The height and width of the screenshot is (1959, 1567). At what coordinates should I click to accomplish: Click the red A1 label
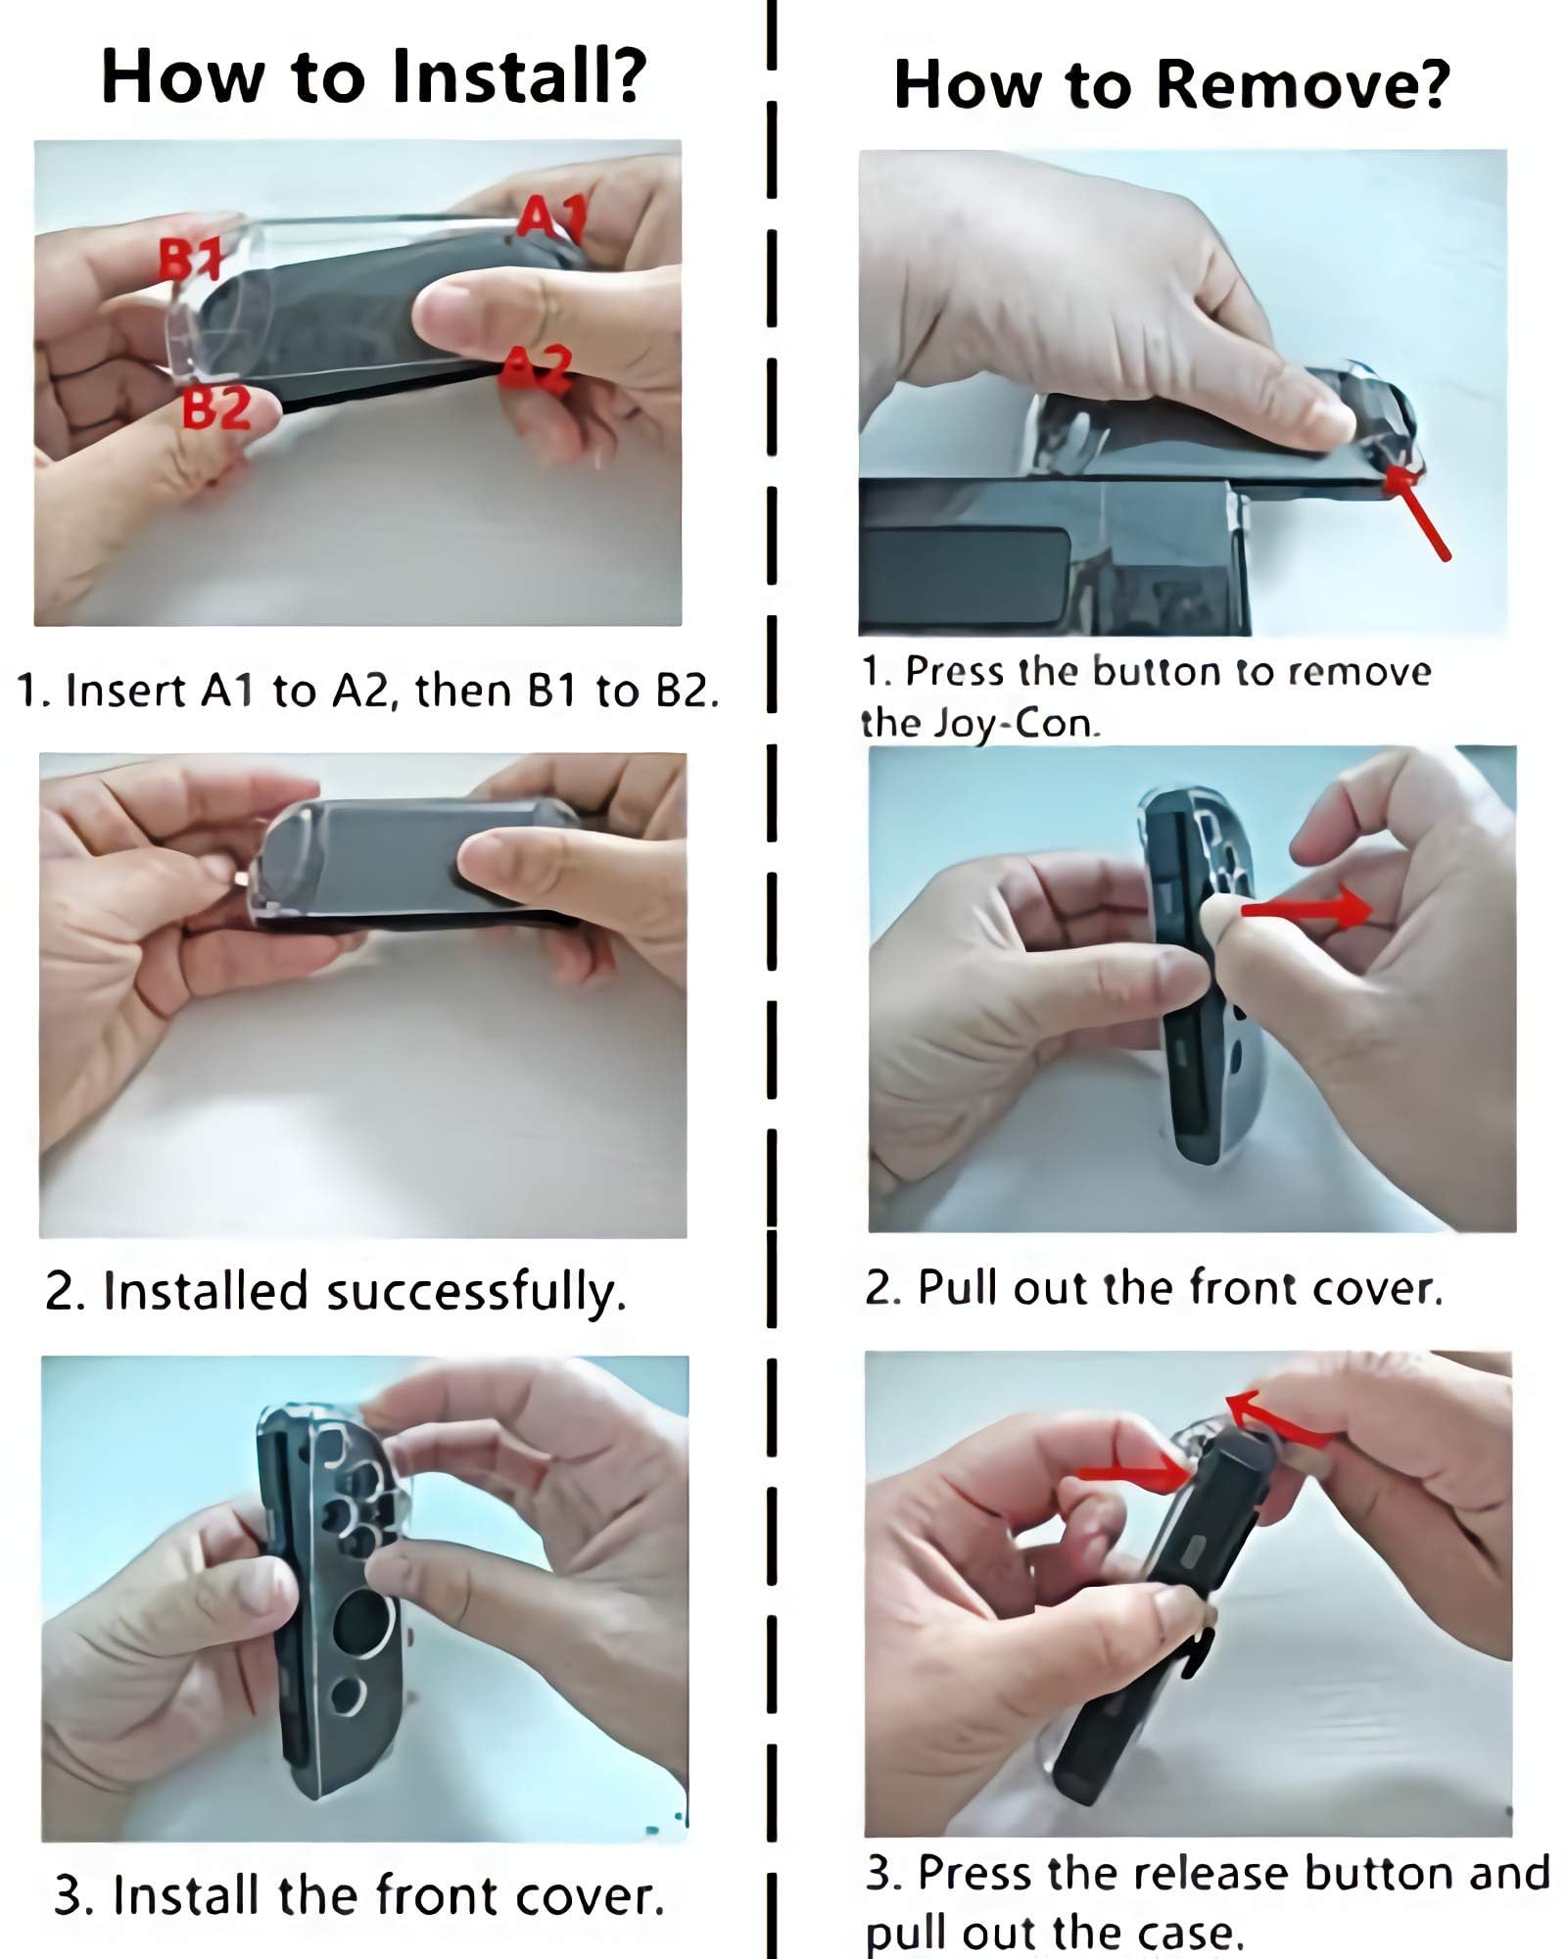(x=550, y=218)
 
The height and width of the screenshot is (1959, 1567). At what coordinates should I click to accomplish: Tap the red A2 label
(x=536, y=369)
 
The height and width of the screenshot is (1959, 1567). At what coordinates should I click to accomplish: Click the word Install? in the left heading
(x=518, y=75)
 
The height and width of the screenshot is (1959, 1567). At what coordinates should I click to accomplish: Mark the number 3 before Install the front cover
(x=69, y=1895)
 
